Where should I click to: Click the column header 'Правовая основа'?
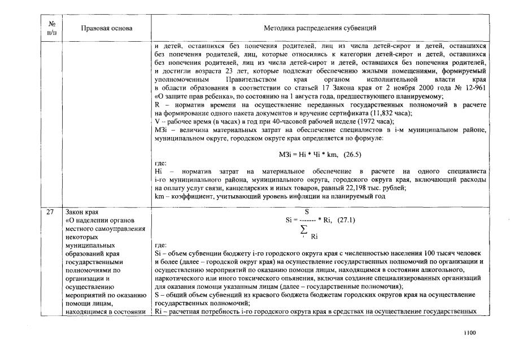click(106, 28)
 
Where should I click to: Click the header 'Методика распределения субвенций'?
click(320, 28)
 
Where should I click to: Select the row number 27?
click(50, 212)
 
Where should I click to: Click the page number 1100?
click(470, 333)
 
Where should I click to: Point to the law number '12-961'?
click(473, 89)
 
